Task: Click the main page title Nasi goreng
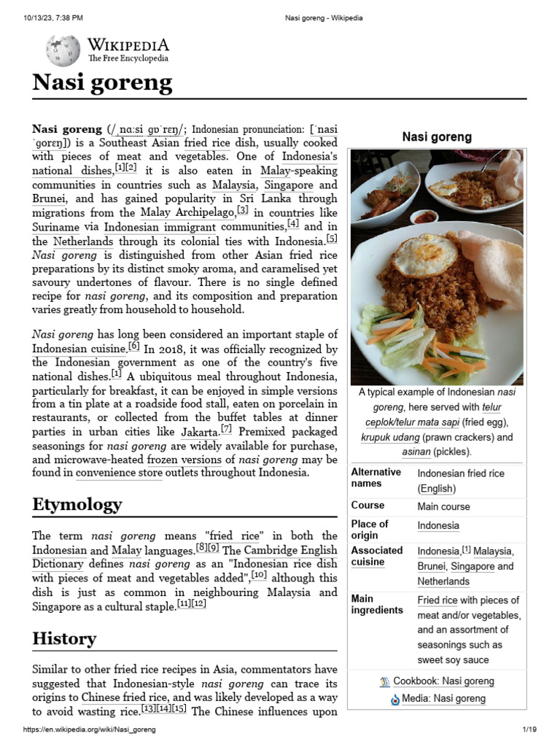coord(102,82)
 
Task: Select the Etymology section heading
coord(77,504)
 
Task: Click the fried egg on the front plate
coord(424,255)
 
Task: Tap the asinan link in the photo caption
coord(416,452)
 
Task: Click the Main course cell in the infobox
coord(443,506)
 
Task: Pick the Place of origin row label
coord(370,530)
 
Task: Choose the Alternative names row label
coord(376,478)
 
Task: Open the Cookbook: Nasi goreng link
coord(443,681)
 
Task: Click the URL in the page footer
coord(90,729)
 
